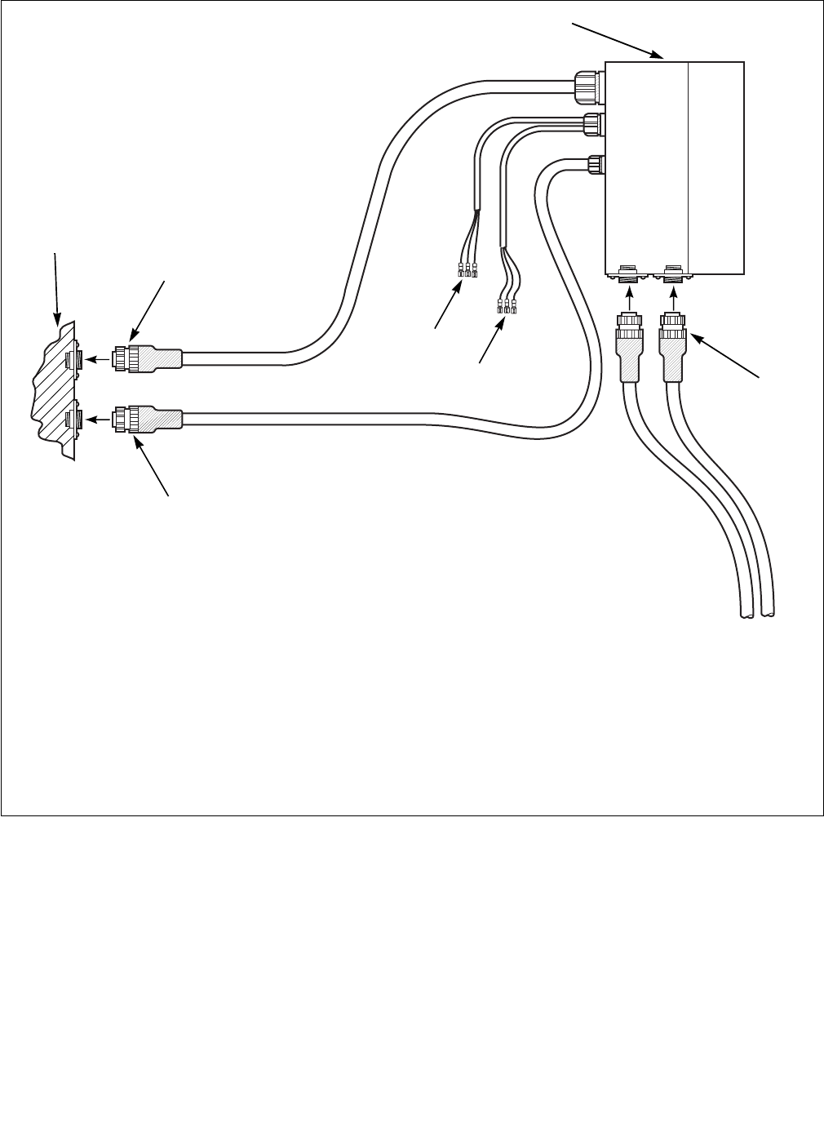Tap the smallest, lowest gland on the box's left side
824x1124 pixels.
click(595, 165)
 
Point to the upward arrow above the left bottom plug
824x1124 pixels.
click(629, 300)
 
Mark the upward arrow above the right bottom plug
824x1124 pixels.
click(674, 300)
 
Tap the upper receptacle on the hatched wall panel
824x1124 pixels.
click(70, 358)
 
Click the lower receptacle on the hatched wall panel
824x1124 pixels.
click(70, 420)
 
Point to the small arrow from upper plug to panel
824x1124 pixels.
click(98, 358)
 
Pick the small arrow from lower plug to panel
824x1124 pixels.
click(98, 420)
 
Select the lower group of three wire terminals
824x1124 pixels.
click(507, 307)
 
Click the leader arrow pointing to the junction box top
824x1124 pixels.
click(620, 41)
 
